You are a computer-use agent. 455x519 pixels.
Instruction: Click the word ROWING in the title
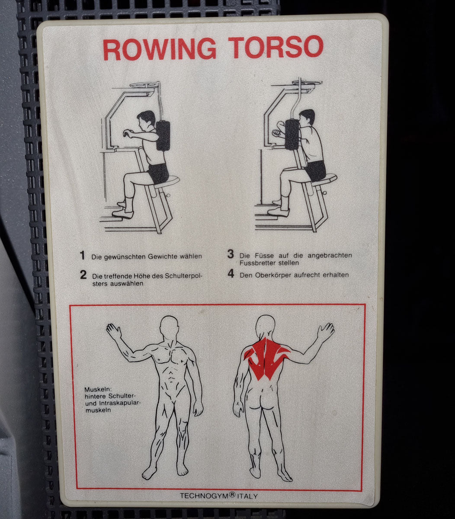tap(160, 49)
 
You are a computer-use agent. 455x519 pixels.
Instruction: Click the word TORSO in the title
tap(276, 47)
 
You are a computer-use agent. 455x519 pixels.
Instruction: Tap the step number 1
tap(82, 255)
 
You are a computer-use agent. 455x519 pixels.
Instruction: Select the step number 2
tap(83, 275)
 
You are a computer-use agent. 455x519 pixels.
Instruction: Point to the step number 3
tap(231, 253)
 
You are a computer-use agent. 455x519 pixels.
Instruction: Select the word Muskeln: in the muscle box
tap(98, 389)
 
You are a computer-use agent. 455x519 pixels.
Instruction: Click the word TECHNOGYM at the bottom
tap(204, 496)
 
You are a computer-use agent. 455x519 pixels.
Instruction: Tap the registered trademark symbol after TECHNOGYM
tap(232, 494)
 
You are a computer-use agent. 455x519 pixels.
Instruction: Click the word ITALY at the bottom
tap(247, 496)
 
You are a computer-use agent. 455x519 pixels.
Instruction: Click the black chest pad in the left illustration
tap(163, 135)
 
